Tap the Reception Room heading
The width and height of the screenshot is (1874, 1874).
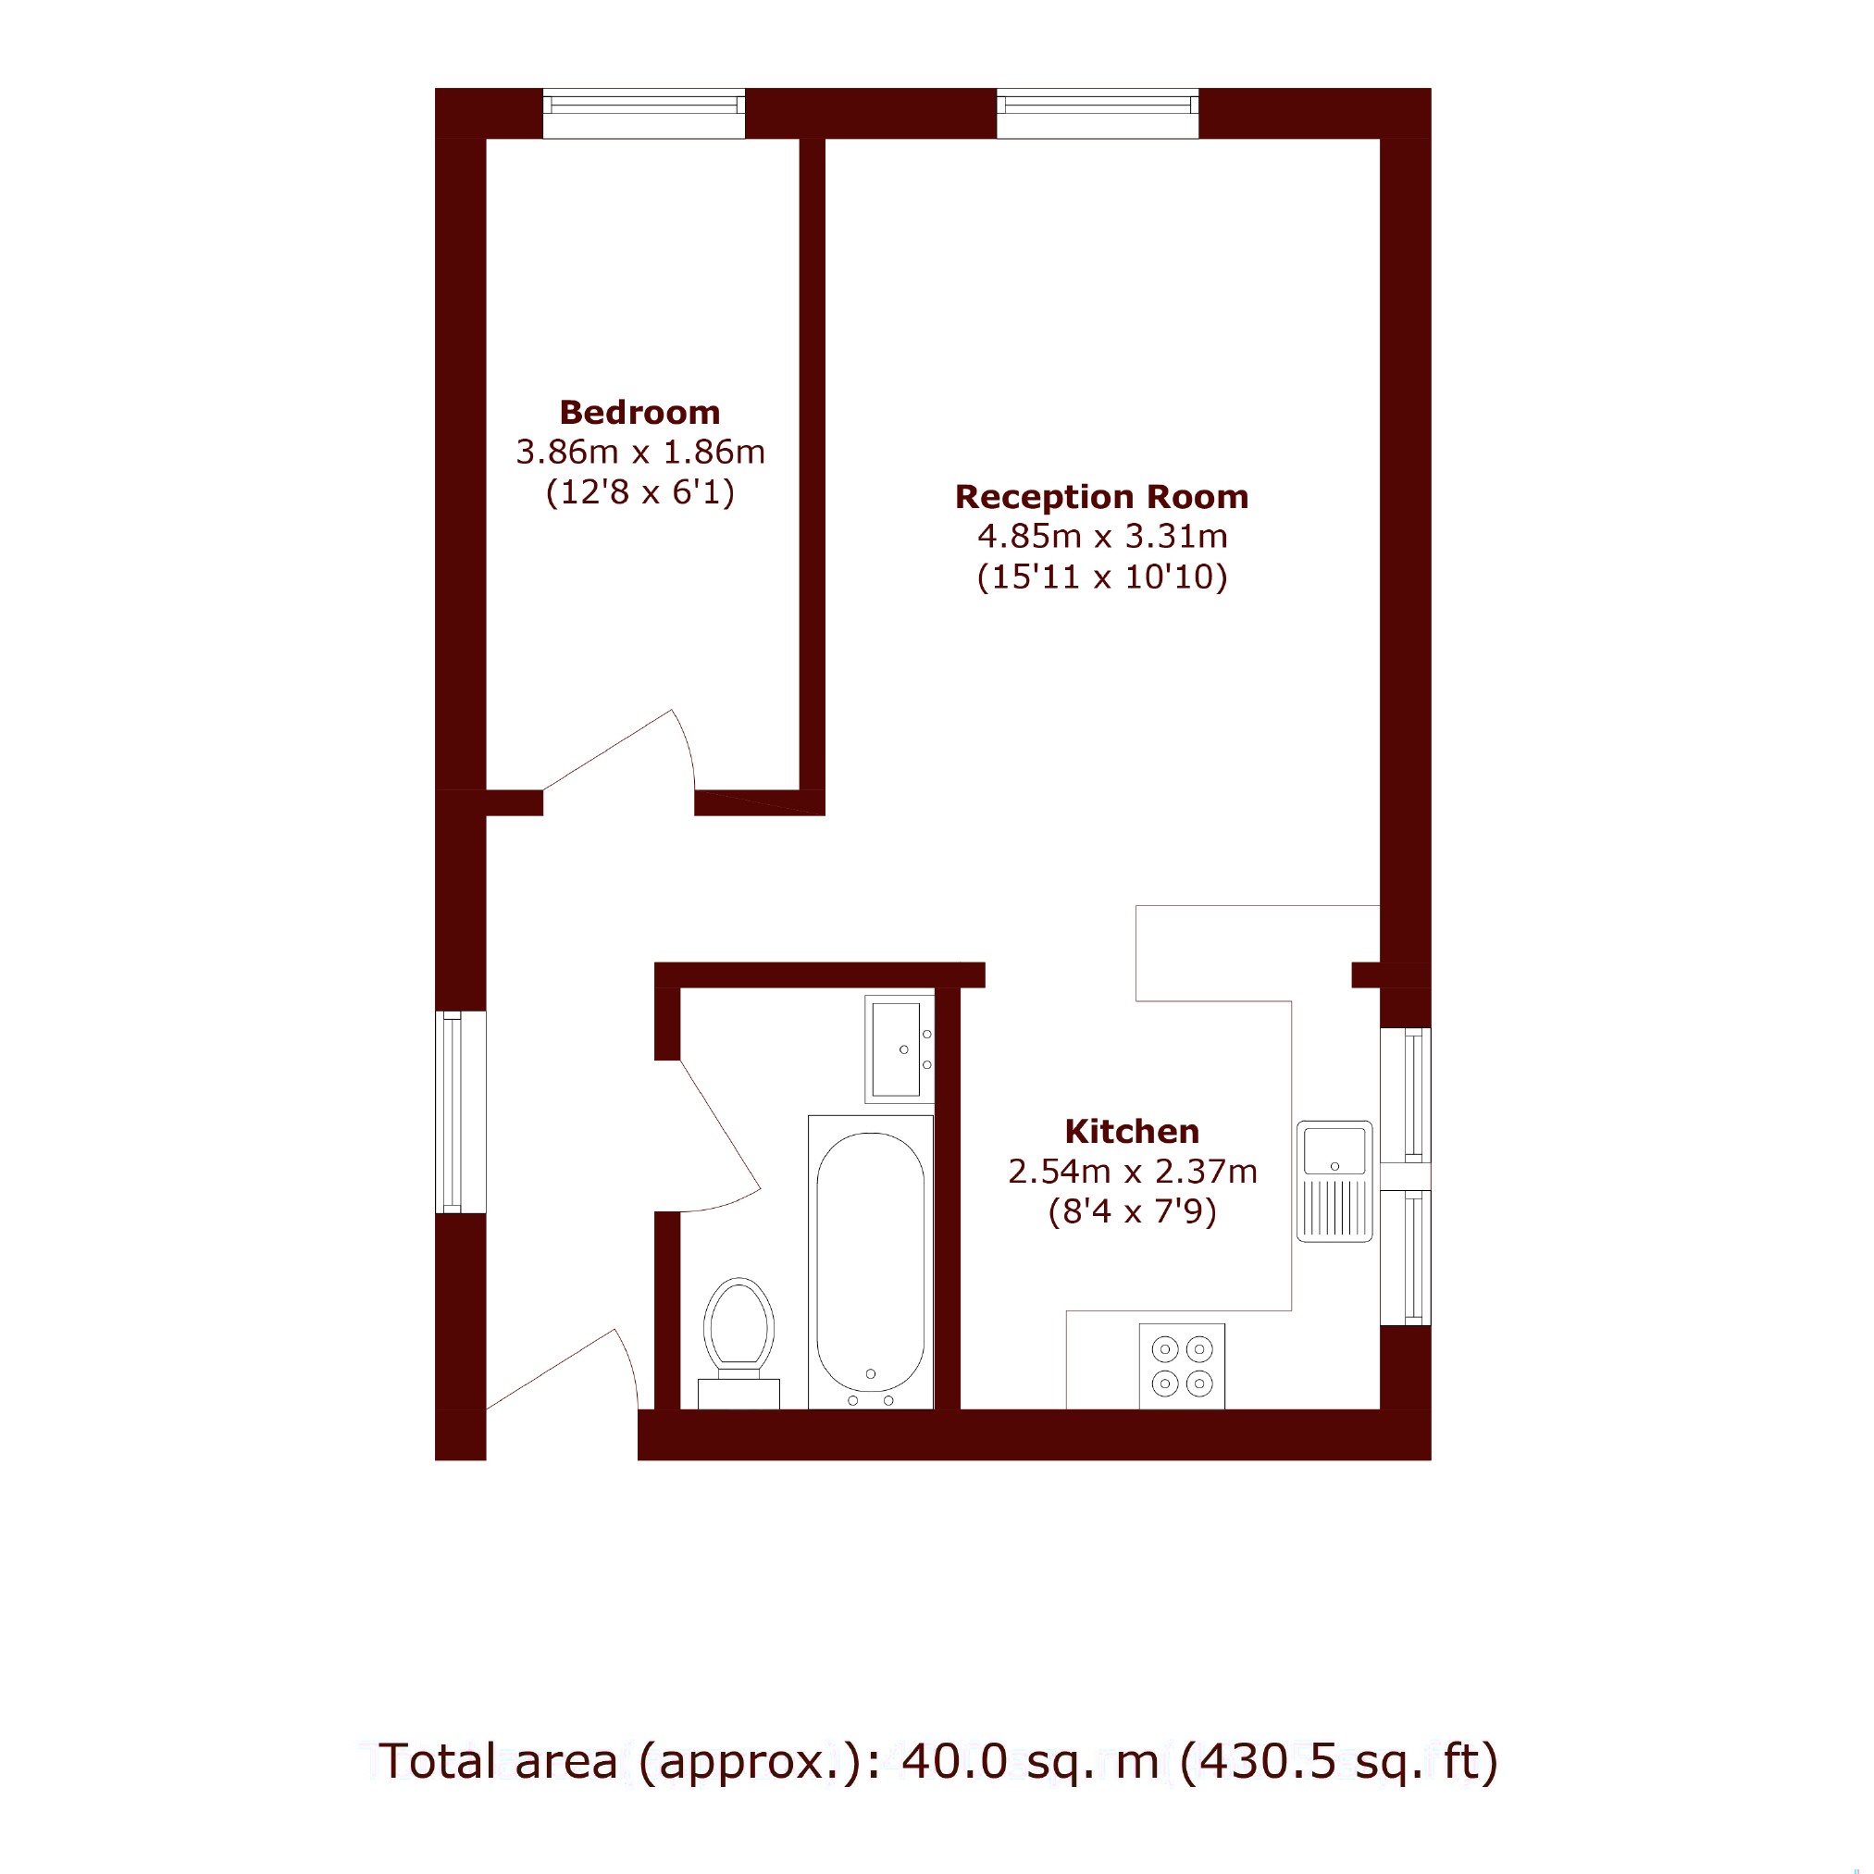[1102, 497]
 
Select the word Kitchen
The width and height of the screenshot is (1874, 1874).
[1132, 1131]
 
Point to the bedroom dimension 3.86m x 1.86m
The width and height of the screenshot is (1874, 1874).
[640, 452]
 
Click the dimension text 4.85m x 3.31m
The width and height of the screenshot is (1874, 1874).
[1102, 537]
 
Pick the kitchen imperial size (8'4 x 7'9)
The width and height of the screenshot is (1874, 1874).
[1132, 1211]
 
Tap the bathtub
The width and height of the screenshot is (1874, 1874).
[870, 1262]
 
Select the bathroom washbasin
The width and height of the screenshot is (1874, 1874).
[900, 1049]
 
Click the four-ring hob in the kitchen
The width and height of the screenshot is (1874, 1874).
[1182, 1366]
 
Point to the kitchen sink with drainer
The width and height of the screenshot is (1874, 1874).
[1334, 1182]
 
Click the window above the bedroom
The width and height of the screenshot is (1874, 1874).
[643, 114]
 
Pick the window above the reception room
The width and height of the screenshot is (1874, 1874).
[1097, 114]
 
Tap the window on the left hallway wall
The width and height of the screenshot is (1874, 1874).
[460, 1111]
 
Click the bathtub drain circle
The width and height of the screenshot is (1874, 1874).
[870, 1373]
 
